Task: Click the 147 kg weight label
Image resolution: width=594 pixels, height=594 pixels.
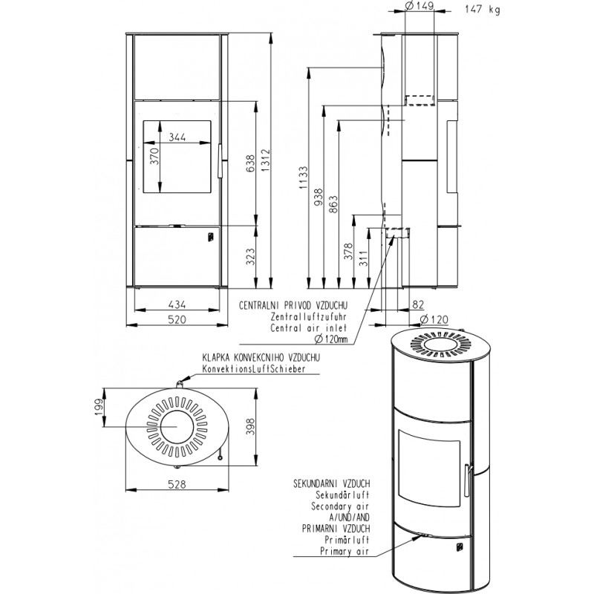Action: (x=482, y=9)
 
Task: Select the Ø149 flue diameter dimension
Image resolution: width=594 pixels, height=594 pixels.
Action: (x=419, y=6)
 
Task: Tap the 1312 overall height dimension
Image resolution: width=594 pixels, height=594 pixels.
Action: (x=266, y=159)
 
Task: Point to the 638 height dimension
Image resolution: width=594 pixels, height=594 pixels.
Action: (x=250, y=163)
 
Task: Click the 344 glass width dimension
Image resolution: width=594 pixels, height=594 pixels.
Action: (x=177, y=137)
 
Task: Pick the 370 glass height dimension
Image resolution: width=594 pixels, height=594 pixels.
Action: (x=154, y=156)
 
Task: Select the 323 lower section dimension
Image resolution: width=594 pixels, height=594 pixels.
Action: (x=250, y=256)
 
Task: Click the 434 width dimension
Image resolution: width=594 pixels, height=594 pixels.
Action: (x=177, y=304)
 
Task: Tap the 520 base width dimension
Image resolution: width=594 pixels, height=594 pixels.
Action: (x=177, y=319)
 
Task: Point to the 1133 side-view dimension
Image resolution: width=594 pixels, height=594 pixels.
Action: (x=304, y=177)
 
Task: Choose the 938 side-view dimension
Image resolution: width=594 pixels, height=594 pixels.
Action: (x=319, y=197)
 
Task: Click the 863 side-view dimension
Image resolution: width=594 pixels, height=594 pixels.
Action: (x=333, y=203)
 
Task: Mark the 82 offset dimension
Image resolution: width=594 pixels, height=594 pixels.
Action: (x=417, y=304)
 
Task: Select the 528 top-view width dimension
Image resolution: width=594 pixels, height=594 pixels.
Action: (x=177, y=484)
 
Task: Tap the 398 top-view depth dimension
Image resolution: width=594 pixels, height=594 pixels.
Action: (x=250, y=426)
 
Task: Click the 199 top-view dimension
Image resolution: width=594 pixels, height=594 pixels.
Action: (x=99, y=407)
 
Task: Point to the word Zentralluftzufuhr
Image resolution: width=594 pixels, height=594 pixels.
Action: (x=308, y=316)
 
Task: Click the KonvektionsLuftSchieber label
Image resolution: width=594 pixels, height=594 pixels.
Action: (x=254, y=368)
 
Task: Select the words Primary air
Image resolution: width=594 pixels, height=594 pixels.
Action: (x=345, y=551)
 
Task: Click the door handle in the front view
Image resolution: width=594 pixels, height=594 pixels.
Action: (x=219, y=160)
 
